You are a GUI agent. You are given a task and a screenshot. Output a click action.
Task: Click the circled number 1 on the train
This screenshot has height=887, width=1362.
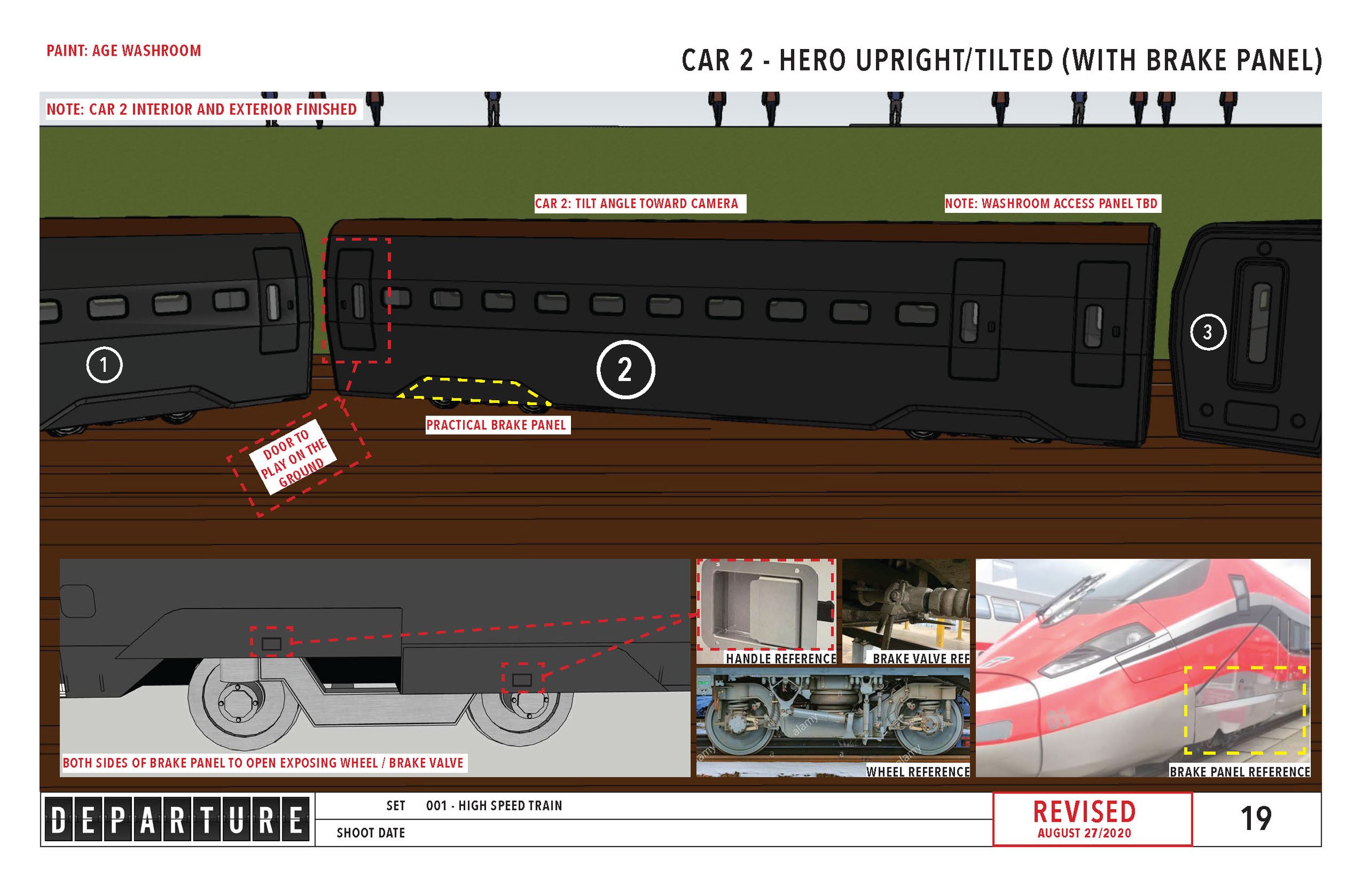104,364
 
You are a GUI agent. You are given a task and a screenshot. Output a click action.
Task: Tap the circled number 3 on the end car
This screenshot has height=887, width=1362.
1207,332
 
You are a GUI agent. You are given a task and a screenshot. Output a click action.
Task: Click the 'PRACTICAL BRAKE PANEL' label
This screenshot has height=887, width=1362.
496,425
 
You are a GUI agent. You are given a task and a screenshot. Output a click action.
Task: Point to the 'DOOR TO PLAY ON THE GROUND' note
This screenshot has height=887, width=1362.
293,458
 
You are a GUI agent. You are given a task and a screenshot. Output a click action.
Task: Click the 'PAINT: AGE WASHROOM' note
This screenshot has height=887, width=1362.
124,51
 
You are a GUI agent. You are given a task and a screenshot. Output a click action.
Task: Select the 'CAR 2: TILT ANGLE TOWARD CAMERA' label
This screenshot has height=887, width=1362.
636,204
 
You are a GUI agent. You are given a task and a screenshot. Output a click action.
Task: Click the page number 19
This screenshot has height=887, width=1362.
1256,819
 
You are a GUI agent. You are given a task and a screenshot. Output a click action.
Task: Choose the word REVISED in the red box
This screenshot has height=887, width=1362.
1084,812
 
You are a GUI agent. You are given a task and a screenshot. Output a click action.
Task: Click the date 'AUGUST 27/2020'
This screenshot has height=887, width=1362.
1084,833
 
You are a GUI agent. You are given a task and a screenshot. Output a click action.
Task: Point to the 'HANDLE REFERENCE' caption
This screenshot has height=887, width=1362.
781,659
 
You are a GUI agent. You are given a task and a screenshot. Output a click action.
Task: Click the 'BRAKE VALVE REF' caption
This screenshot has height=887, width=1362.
920,659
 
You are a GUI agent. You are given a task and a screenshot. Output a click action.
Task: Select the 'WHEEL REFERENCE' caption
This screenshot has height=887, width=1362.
917,772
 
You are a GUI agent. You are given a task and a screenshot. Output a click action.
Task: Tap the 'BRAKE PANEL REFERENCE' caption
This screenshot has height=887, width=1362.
1239,772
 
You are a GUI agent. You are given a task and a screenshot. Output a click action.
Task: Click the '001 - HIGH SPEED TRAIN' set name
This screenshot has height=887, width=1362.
494,806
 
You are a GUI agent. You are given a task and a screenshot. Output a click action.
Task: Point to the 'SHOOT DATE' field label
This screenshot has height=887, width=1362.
370,833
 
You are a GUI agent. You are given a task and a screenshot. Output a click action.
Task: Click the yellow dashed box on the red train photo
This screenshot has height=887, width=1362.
1245,710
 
